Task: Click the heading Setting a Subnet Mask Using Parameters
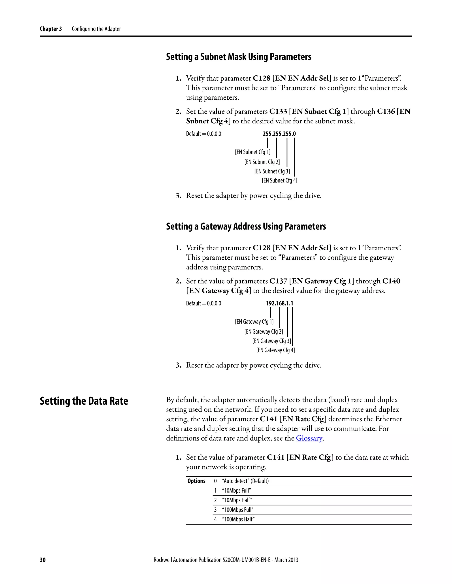(238, 57)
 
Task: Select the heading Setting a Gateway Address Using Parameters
(246, 226)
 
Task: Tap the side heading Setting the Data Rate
(84, 401)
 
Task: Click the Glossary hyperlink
(309, 438)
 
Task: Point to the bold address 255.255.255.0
(279, 134)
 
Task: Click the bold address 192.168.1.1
(279, 303)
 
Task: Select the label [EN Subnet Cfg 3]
(272, 171)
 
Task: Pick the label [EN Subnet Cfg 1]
(252, 152)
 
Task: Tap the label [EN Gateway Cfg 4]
(275, 350)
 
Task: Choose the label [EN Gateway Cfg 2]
(263, 332)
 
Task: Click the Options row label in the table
(196, 481)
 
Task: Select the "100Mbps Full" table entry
(237, 510)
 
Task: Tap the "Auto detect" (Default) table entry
(245, 481)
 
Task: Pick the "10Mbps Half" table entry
(237, 500)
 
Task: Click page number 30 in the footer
(43, 560)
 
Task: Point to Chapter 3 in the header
(51, 29)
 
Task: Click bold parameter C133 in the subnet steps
(278, 112)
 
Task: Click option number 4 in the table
(215, 519)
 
